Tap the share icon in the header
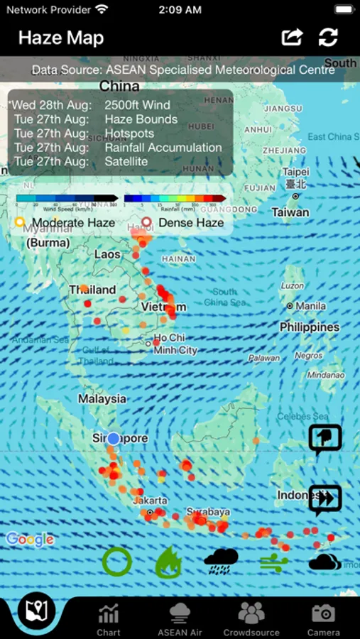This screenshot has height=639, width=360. [x=293, y=37]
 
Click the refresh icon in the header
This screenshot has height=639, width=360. [x=328, y=37]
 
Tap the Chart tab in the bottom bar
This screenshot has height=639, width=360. [x=109, y=618]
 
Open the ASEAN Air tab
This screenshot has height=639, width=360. [x=180, y=618]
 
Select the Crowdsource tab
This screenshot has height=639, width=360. [x=251, y=618]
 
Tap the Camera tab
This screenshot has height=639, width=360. [x=323, y=618]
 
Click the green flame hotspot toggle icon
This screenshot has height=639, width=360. [x=169, y=563]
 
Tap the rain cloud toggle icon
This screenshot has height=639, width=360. [x=221, y=562]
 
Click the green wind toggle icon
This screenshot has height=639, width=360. [x=273, y=563]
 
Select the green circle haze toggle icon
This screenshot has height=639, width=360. [x=116, y=562]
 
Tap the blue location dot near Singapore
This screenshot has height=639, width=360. [x=113, y=438]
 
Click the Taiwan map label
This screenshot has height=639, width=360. [x=290, y=212]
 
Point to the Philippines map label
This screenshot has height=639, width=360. [x=309, y=327]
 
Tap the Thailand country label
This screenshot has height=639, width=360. [x=92, y=290]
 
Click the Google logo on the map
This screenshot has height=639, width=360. [x=30, y=540]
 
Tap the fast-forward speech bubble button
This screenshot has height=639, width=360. [x=325, y=499]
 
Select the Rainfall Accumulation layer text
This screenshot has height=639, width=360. [x=163, y=148]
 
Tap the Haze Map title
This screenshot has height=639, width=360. [x=61, y=38]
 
